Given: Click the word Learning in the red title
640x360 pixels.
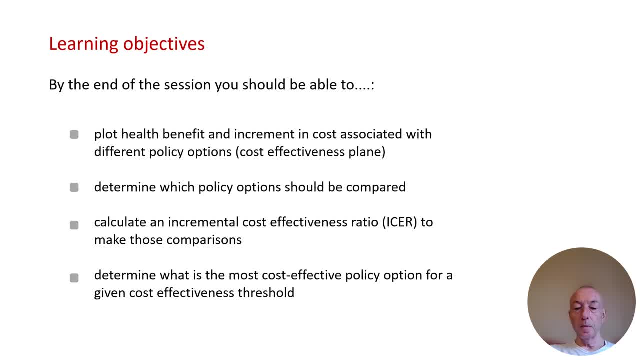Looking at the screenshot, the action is pos(83,44).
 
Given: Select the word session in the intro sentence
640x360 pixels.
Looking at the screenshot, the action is pos(187,85).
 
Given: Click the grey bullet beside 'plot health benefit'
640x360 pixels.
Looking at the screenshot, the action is pos(74,134).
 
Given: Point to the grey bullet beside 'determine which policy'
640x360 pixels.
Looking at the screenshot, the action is pos(74,187).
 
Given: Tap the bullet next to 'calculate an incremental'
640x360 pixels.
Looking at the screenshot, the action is pos(74,225).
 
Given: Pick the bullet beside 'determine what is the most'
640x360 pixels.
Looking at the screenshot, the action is pos(74,278).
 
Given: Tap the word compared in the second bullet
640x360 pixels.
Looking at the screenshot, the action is pos(376,187).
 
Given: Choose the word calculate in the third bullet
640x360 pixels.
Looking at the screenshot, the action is pos(120,222).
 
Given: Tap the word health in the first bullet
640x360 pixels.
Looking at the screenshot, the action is pos(140,134).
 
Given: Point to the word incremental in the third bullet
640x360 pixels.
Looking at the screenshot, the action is pos(203,222).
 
